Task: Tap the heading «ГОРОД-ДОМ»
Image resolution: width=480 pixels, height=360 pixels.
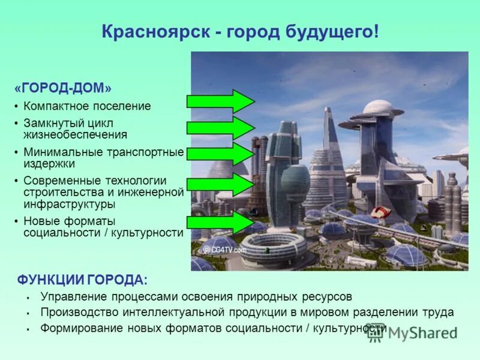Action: (63, 88)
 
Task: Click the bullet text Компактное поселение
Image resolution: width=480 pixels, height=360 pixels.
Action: (87, 106)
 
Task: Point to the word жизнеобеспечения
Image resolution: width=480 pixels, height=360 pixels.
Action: (75, 134)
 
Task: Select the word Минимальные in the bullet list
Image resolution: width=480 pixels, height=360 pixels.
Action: (59, 152)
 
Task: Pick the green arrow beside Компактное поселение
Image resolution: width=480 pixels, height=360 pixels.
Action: (220, 101)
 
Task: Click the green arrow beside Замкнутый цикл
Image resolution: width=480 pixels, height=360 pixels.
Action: (220, 128)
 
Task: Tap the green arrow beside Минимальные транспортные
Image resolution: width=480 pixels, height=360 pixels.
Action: (220, 154)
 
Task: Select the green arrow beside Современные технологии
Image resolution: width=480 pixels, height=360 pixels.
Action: (220, 185)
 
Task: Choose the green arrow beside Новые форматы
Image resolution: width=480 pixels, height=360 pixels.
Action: (220, 223)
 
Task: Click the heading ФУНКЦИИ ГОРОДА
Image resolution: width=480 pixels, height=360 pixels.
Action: (81, 280)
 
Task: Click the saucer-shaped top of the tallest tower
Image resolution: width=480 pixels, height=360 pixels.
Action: (382, 109)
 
